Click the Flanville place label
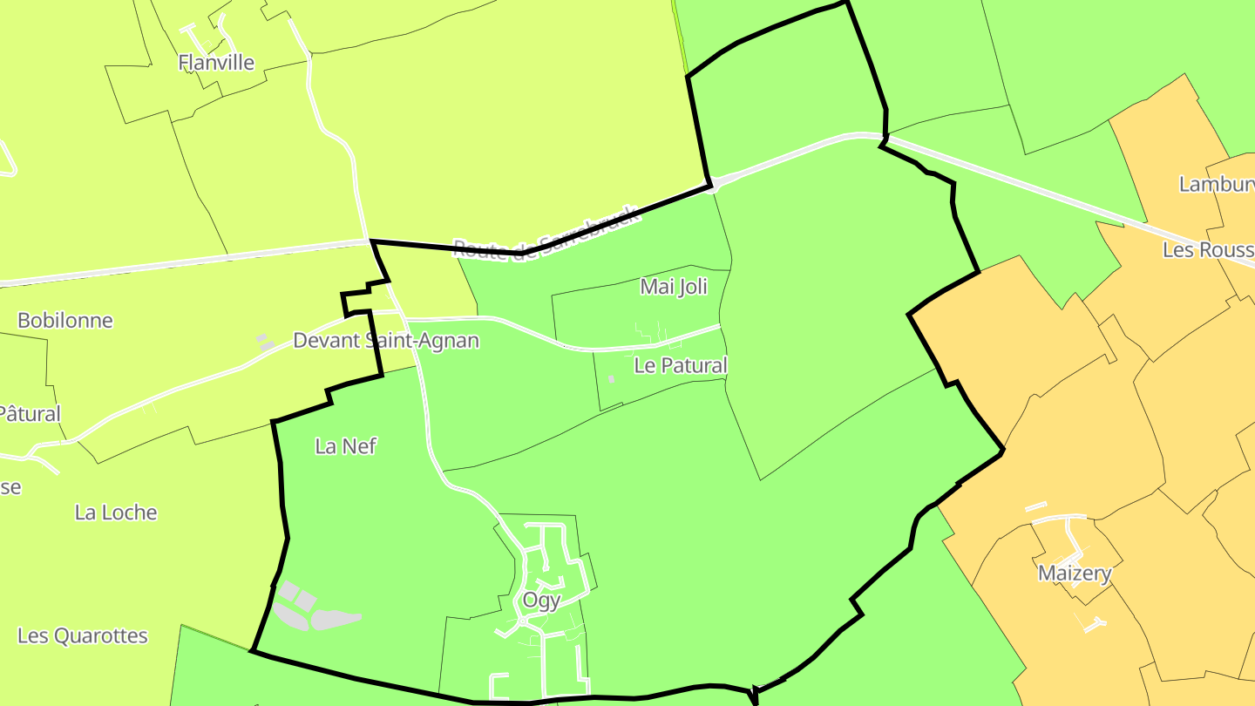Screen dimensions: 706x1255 tap(216, 62)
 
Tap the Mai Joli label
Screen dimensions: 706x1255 tap(673, 286)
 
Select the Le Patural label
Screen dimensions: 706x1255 tap(680, 365)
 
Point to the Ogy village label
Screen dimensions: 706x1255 tap(541, 600)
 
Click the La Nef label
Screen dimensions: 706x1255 tap(345, 446)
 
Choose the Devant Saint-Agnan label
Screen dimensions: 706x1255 tap(386, 340)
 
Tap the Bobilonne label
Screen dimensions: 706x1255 tap(65, 320)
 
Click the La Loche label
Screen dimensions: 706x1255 tap(116, 512)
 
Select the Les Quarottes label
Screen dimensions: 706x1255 tap(83, 635)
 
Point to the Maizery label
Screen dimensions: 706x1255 tap(1075, 573)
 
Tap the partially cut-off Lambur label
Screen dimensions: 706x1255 tap(1216, 184)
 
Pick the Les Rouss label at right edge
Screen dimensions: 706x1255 tap(1208, 250)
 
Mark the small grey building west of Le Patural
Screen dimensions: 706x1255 tap(611, 378)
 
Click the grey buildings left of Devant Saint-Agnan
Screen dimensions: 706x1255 tap(265, 343)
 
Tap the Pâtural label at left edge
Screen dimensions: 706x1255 tap(30, 412)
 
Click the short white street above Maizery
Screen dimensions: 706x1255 tap(1036, 506)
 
